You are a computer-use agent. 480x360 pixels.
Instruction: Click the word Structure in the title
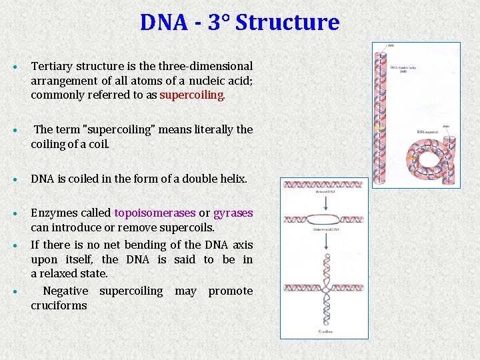pyautogui.click(x=287, y=23)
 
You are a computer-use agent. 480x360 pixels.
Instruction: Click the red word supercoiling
pyautogui.click(x=192, y=95)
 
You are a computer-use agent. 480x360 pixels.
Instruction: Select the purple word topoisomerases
pyautogui.click(x=155, y=213)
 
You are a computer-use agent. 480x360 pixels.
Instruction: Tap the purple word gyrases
pyautogui.click(x=233, y=213)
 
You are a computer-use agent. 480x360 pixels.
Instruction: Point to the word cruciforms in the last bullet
pyautogui.click(x=59, y=305)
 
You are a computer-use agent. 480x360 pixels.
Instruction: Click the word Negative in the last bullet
pyautogui.click(x=65, y=291)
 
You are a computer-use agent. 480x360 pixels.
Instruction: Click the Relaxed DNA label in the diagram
pyautogui.click(x=324, y=192)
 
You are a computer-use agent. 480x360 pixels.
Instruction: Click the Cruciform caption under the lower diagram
pyautogui.click(x=325, y=331)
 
